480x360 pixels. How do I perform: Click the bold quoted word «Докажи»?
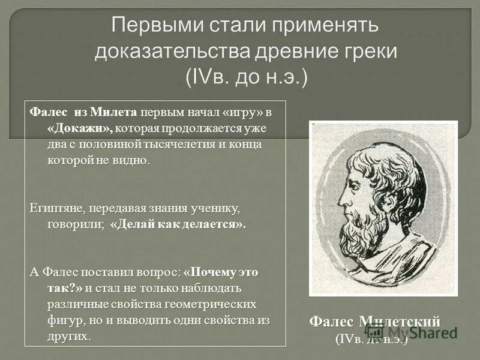coord(80,128)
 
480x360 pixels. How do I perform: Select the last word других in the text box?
coord(70,335)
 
